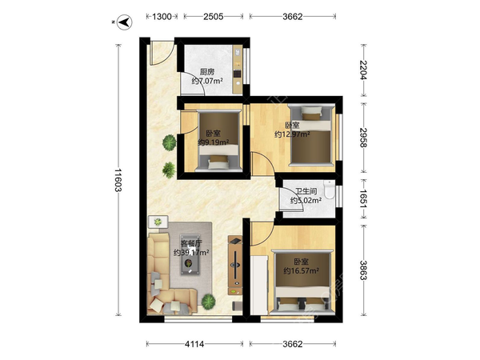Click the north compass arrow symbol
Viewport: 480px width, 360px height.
click(x=124, y=22)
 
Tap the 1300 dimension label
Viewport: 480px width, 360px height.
click(x=162, y=17)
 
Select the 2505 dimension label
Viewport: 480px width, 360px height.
click(x=214, y=17)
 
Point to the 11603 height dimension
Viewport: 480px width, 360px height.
click(x=118, y=180)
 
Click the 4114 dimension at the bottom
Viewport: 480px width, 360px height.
click(x=194, y=344)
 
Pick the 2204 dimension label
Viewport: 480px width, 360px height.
click(x=363, y=70)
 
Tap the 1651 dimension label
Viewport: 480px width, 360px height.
click(x=363, y=199)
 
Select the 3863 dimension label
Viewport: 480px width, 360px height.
click(x=363, y=270)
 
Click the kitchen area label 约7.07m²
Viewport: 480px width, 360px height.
click(x=207, y=81)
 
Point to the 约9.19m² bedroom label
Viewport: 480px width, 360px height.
click(x=214, y=142)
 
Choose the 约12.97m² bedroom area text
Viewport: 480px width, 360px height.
click(x=292, y=134)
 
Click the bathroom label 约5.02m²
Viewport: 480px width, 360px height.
click(x=306, y=201)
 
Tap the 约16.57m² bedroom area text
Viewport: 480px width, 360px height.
click(x=302, y=271)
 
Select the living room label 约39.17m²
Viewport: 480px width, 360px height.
click(x=191, y=253)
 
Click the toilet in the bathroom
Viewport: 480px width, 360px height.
click(x=330, y=189)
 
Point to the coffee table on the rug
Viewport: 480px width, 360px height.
click(x=190, y=254)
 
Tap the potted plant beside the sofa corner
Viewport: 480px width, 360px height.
click(x=208, y=301)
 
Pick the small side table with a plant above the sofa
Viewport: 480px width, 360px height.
click(x=158, y=222)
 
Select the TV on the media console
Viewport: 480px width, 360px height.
click(x=235, y=265)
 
